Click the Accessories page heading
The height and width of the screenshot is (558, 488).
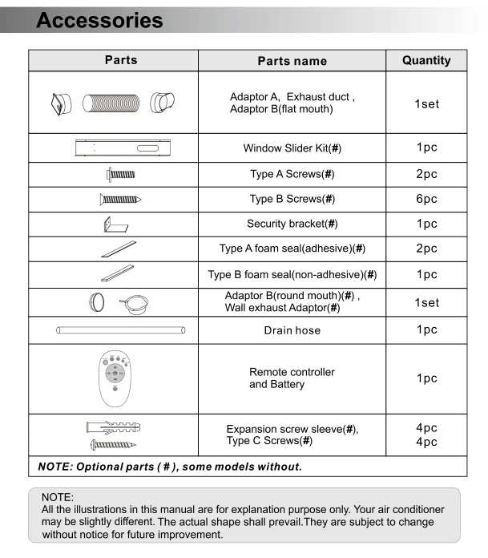pos(99,19)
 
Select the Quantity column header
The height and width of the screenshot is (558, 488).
pos(426,60)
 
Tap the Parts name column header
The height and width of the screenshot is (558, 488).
pos(292,61)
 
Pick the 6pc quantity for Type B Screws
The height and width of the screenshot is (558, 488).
pos(426,199)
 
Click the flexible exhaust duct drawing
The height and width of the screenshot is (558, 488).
pos(117,103)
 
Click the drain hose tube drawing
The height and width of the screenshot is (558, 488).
pos(120,330)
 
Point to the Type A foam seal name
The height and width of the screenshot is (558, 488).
pos(292,249)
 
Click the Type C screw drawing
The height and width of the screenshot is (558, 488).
pos(113,443)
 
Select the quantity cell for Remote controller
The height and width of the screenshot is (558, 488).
pos(426,378)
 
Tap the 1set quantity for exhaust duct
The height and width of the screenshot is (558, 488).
pos(426,104)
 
